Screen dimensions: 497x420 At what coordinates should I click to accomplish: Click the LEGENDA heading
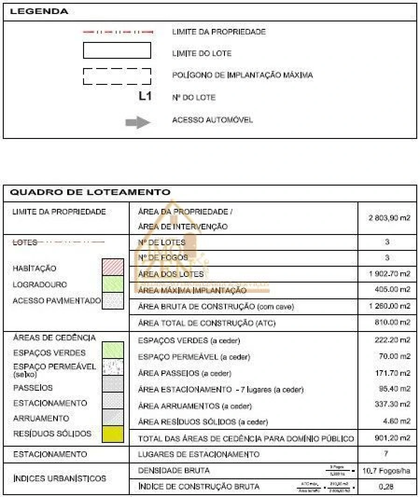(x=39, y=12)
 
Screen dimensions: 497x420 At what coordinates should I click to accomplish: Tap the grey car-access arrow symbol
(x=138, y=122)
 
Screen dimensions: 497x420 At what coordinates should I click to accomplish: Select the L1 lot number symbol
(x=145, y=97)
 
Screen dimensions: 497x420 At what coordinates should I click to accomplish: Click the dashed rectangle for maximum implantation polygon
(x=117, y=76)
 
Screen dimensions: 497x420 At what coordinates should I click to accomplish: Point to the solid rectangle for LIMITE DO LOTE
(x=117, y=50)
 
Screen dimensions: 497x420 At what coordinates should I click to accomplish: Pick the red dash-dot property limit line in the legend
(x=118, y=32)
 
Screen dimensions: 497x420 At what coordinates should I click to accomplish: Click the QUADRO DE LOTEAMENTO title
(x=90, y=192)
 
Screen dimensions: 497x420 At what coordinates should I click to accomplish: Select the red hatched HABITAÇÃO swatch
(x=113, y=267)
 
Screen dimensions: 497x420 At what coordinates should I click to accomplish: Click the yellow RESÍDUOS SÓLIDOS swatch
(x=113, y=434)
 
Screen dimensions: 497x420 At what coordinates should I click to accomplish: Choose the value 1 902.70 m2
(x=389, y=274)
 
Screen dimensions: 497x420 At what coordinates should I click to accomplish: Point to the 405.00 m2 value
(x=392, y=290)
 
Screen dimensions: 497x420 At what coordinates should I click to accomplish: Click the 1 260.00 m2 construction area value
(x=389, y=306)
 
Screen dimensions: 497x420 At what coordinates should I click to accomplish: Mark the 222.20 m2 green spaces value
(x=392, y=340)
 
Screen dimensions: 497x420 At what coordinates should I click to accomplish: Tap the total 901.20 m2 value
(x=392, y=438)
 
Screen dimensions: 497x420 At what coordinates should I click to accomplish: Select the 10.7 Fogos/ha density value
(x=386, y=471)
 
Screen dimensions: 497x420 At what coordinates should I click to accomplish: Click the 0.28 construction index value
(x=386, y=487)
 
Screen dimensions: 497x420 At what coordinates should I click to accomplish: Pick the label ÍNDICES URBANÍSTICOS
(x=60, y=478)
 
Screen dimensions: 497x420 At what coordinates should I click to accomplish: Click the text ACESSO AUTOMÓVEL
(x=212, y=120)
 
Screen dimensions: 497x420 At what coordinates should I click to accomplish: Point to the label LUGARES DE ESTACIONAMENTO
(x=199, y=454)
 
